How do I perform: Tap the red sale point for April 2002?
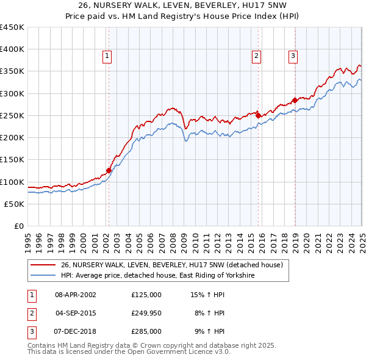[109, 171]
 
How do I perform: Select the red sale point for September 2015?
[258, 115]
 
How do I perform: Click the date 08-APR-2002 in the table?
[76, 294]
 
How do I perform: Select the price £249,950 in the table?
[146, 313]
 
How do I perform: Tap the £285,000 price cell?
[146, 331]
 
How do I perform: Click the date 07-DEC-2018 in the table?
[76, 331]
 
